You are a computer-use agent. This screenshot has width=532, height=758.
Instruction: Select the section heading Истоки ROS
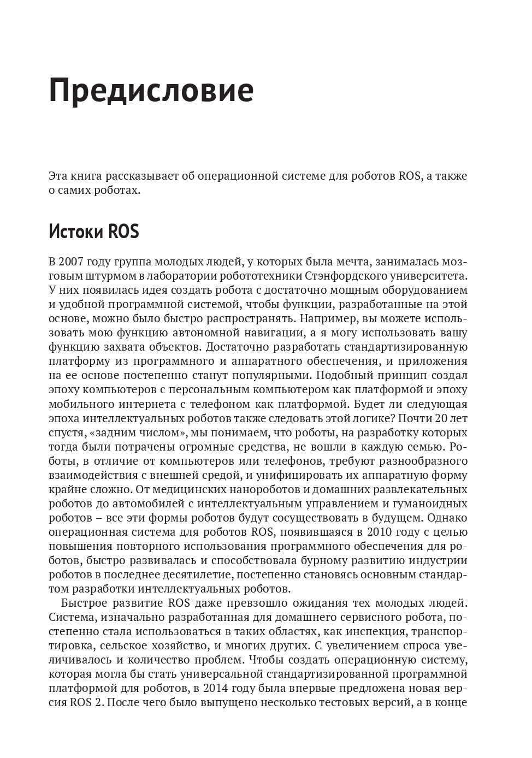[93, 232]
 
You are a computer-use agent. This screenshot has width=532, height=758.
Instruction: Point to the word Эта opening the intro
[58, 176]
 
